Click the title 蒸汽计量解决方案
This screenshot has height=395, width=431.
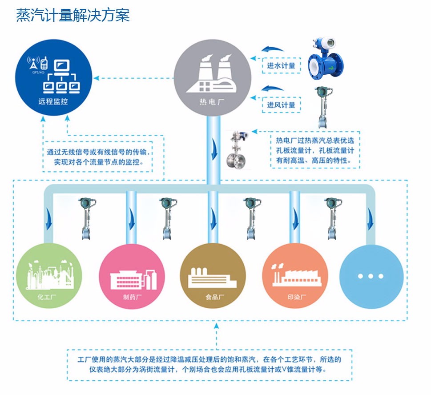[73, 15]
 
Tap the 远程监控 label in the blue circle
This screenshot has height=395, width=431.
[53, 101]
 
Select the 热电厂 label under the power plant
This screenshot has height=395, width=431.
[212, 102]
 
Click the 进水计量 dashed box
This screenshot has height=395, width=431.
[281, 65]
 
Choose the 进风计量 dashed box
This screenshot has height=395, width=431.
[281, 105]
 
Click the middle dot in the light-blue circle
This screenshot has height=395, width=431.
[371, 276]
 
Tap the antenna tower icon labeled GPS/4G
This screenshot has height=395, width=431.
[33, 63]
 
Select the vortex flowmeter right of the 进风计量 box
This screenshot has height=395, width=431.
[323, 108]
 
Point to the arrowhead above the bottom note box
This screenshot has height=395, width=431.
[217, 326]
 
